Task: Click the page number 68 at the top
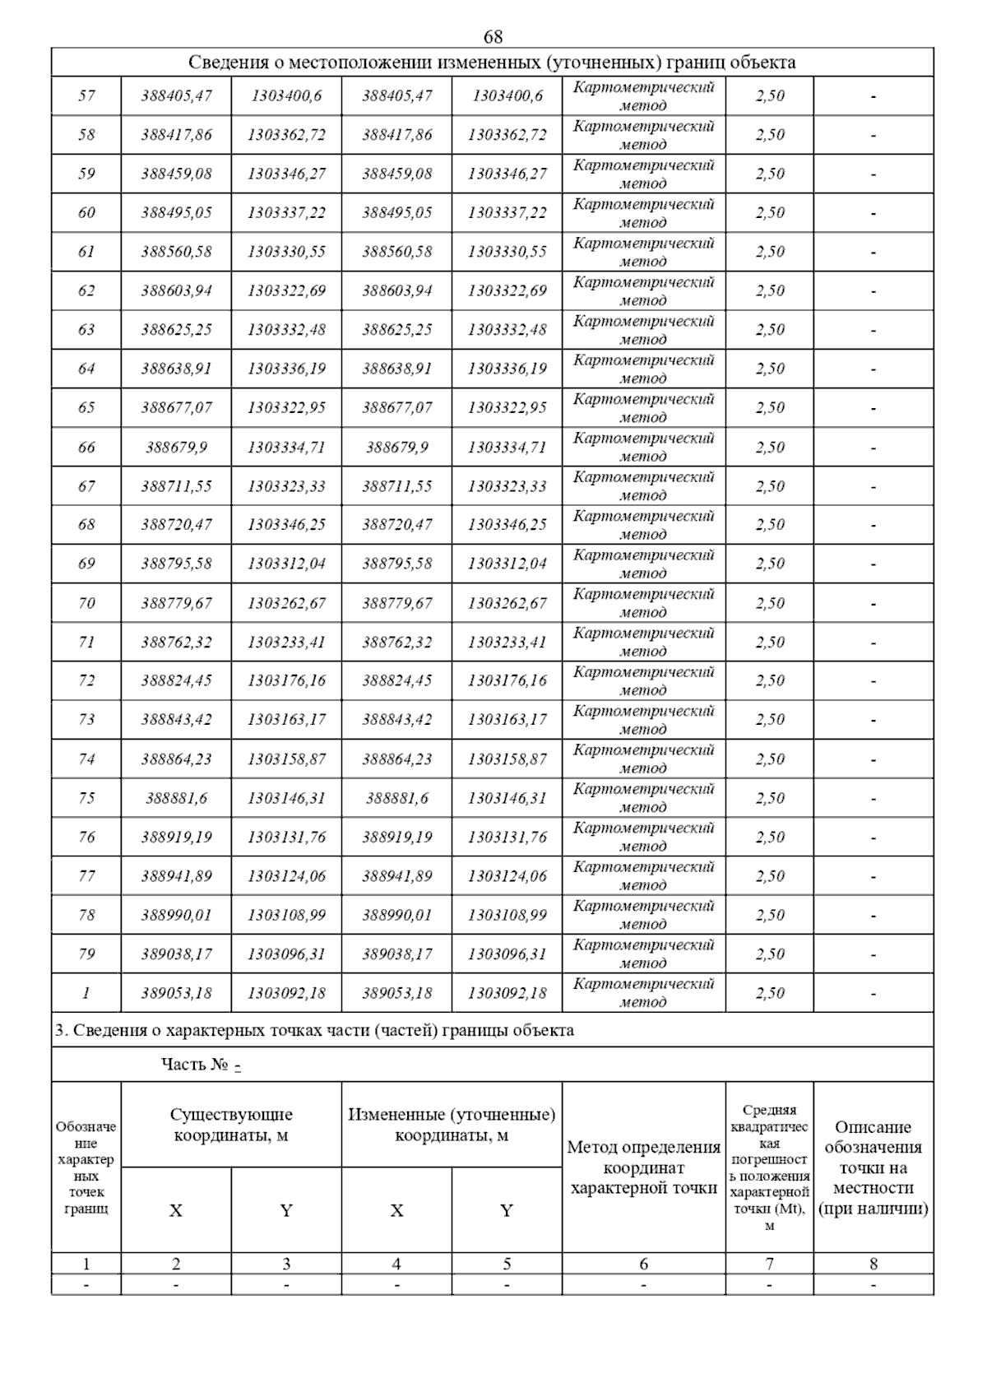click(x=493, y=37)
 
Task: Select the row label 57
click(x=86, y=95)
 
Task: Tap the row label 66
click(x=86, y=448)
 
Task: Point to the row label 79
click(x=86, y=954)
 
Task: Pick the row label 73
click(x=86, y=720)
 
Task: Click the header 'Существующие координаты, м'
click(x=231, y=1125)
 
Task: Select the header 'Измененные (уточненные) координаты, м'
click(x=452, y=1125)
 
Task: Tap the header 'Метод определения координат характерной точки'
click(x=643, y=1167)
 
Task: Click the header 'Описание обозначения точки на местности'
click(x=873, y=1167)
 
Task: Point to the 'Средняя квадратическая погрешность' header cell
click(x=769, y=1167)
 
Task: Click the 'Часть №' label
click(x=195, y=1065)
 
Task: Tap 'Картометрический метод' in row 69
click(x=643, y=564)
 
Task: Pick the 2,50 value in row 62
click(x=770, y=290)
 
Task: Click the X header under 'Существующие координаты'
click(x=176, y=1210)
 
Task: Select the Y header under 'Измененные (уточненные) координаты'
click(x=507, y=1210)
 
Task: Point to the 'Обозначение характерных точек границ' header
click(x=86, y=1167)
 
